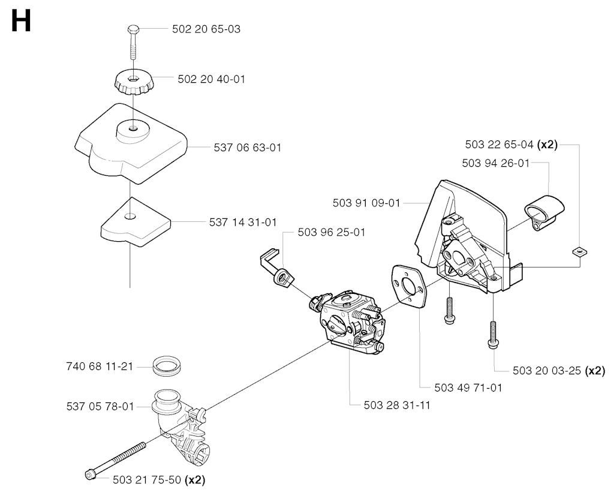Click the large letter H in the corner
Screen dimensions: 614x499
pos(21,21)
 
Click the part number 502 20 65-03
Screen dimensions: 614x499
pos(206,29)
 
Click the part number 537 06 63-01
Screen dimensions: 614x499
pos(248,148)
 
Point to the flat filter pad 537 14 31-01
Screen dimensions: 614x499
pos(136,222)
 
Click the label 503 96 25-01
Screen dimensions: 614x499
pos(331,232)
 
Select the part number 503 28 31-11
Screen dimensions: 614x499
pos(397,405)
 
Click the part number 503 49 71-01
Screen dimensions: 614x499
pos(468,388)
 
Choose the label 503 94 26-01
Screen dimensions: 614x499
pos(496,163)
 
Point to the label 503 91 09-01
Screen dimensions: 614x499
pos(366,203)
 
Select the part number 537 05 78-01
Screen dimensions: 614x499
pos(100,407)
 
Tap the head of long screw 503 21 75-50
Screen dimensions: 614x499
pos(90,475)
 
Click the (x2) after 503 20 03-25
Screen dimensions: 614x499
pos(595,371)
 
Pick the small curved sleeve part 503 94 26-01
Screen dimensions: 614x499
pos(544,212)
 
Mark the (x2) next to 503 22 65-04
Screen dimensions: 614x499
pos(547,145)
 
